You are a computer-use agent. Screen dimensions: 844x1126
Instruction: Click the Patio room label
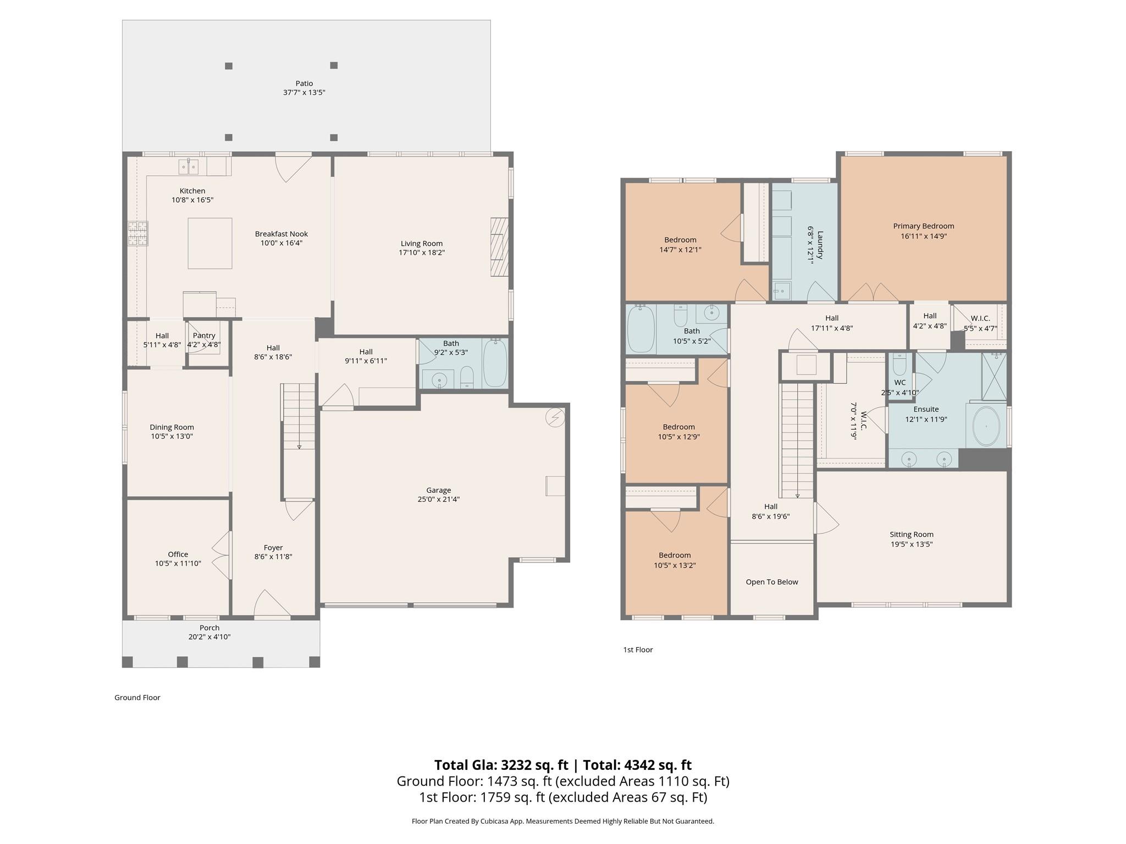coord(304,84)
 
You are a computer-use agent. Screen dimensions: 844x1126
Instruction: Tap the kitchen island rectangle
coord(209,243)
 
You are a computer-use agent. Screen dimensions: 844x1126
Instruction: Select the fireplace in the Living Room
coord(499,247)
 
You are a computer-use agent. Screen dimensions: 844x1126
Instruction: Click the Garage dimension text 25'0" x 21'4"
coord(438,499)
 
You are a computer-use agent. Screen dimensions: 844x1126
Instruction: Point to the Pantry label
coord(204,336)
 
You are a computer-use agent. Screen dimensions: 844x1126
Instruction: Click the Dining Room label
coord(172,427)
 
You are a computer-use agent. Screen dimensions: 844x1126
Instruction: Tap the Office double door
coord(222,555)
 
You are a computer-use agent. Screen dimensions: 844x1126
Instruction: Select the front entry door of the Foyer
coord(272,603)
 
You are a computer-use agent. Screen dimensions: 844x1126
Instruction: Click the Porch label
coord(209,628)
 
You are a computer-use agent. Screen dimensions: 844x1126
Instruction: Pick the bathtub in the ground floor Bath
coord(495,363)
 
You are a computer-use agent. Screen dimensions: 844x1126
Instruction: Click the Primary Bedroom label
coord(923,226)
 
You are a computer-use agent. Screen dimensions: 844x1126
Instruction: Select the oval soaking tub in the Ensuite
coord(986,426)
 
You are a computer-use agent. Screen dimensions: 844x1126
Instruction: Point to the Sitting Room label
coord(911,534)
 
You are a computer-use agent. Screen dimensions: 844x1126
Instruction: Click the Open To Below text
coord(771,582)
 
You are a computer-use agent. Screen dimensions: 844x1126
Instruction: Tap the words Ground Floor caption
coord(137,697)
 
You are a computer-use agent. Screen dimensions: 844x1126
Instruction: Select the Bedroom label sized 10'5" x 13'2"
coord(675,555)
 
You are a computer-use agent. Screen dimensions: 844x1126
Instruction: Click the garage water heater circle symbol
coord(555,418)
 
